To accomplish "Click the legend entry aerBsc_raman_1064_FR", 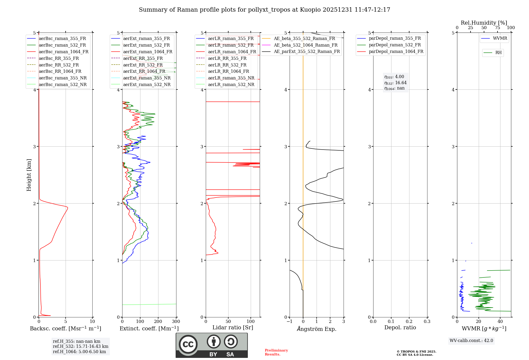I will (x=63, y=52).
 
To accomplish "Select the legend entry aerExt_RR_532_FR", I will (x=143, y=65).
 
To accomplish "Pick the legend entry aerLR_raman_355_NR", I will (x=231, y=78).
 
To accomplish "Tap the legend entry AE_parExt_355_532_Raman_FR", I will (x=307, y=51).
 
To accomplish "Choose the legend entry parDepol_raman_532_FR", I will (x=395, y=45).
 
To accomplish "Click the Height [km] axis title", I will (x=29, y=175).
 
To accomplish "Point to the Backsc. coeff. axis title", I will (x=65, y=328).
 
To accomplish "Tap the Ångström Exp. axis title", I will (x=317, y=329).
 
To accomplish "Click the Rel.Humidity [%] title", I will (x=484, y=23).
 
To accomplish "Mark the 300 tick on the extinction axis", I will (x=176, y=322).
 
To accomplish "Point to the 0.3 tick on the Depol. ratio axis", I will (x=427, y=322).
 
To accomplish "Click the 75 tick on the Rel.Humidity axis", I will (x=497, y=28).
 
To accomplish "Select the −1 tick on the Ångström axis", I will (x=290, y=322).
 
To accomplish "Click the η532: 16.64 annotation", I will (x=395, y=83).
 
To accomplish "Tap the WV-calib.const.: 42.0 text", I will (x=471, y=341).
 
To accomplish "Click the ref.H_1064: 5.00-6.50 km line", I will (x=79, y=352).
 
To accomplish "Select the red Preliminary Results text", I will (x=276, y=352).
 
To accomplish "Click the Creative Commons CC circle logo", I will (x=188, y=344).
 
